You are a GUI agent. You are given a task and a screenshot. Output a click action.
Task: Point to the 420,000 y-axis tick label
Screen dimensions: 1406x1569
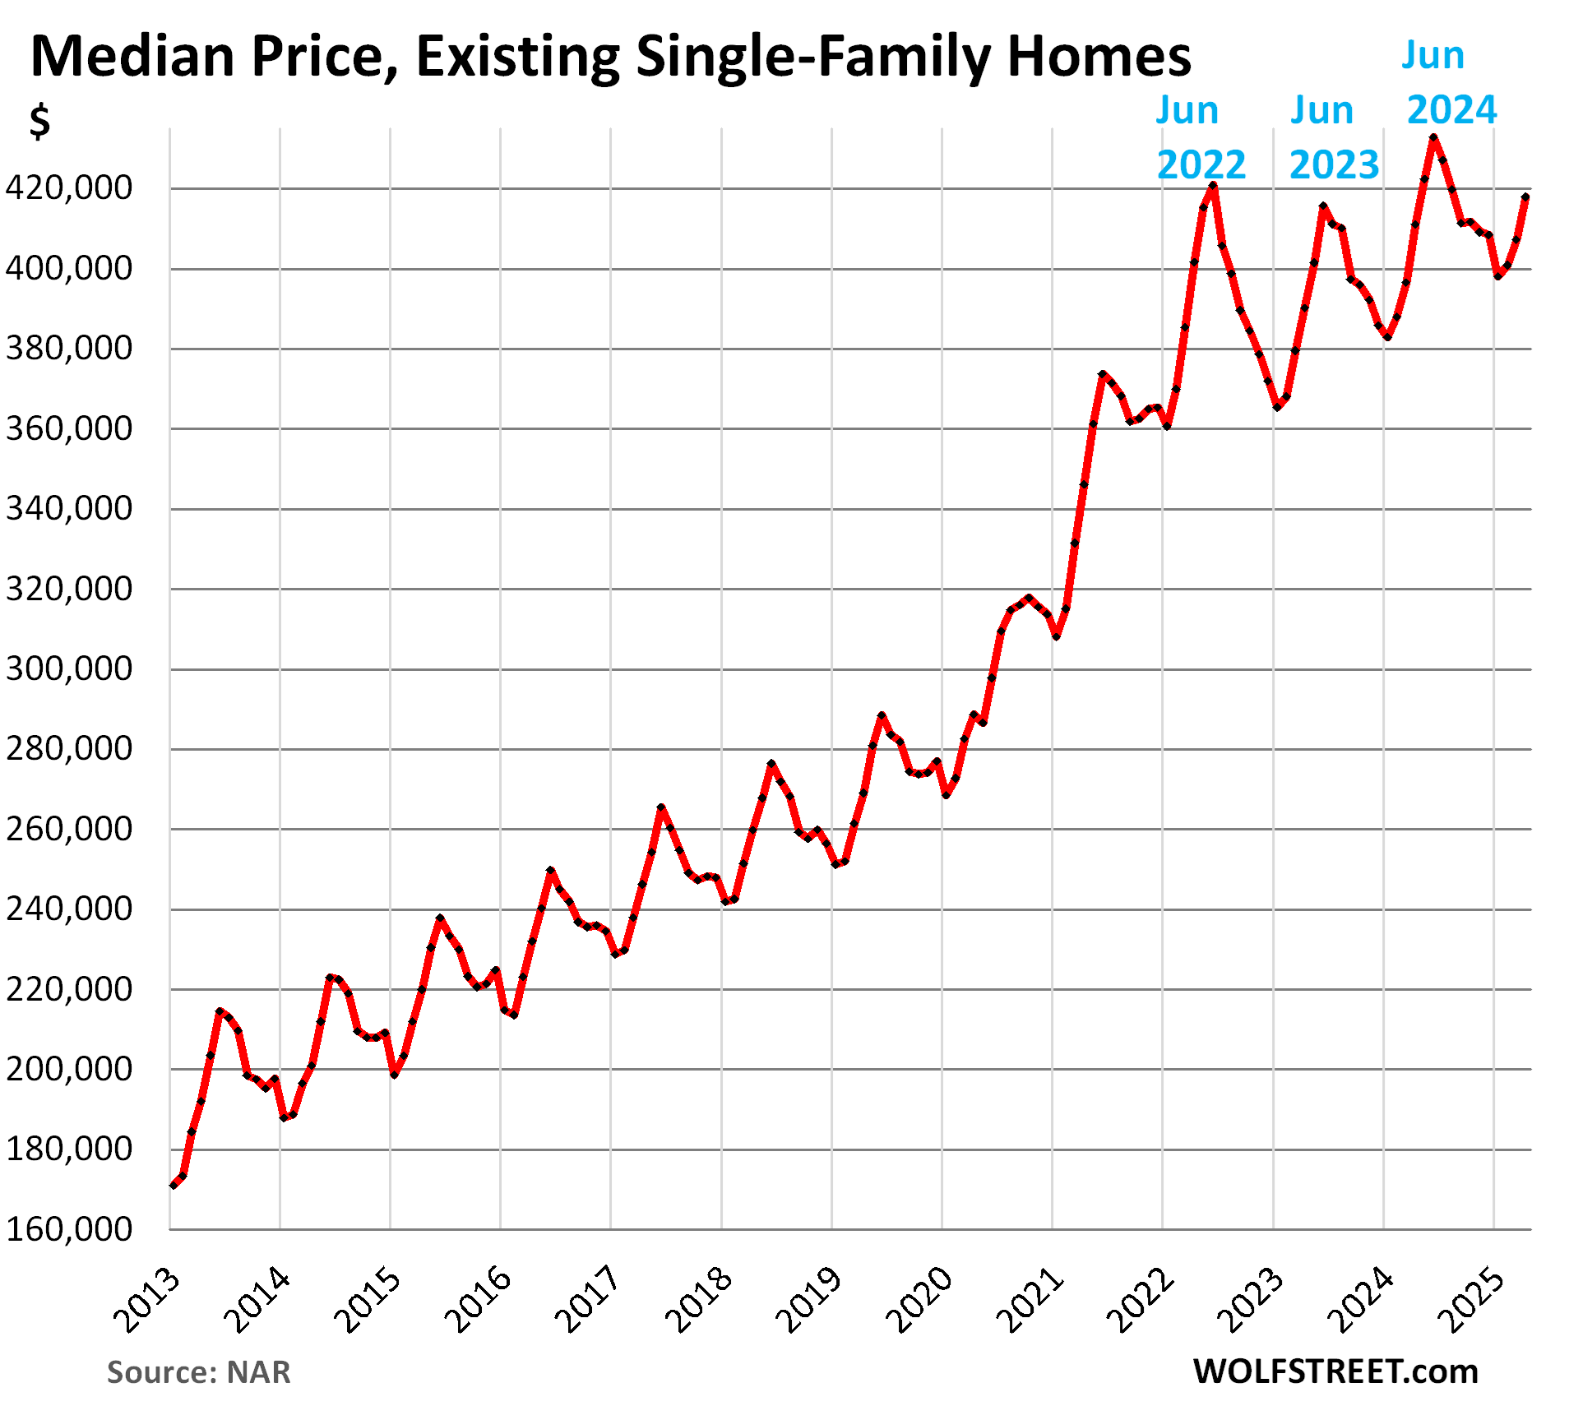[x=68, y=188]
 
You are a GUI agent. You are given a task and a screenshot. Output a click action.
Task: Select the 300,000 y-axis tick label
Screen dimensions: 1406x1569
[x=68, y=668]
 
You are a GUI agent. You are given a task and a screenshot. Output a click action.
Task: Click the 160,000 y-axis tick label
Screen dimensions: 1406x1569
[x=68, y=1229]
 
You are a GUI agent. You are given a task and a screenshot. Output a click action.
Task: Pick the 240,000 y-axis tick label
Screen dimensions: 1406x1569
[x=68, y=909]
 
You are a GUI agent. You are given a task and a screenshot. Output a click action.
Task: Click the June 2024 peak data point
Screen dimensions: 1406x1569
[x=1433, y=138]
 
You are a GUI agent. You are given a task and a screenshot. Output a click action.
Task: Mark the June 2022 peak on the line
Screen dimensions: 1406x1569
[x=1213, y=186]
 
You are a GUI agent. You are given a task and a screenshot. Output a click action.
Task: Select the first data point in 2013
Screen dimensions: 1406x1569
[x=174, y=1185]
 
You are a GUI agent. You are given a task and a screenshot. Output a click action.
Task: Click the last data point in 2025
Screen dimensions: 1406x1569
[x=1525, y=197]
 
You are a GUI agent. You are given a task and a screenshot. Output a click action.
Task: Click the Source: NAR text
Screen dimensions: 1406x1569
[x=198, y=1372]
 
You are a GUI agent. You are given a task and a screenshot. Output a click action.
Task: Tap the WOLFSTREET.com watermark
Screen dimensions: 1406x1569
[x=1335, y=1371]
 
